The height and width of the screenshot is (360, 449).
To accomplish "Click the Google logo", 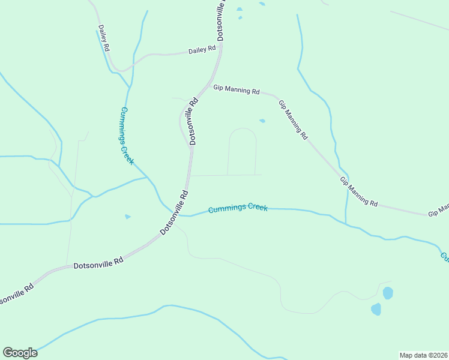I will point(20,353).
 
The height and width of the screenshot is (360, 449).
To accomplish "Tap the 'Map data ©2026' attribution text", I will point(423,355).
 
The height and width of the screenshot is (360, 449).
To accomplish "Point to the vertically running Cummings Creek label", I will point(127,136).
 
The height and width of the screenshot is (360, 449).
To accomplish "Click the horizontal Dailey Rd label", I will point(202,50).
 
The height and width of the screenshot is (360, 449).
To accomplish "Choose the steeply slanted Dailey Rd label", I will point(104,38).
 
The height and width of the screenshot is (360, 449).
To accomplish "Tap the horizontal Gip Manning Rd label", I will point(237,90).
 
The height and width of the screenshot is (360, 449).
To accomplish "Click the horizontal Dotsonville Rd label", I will point(98,262).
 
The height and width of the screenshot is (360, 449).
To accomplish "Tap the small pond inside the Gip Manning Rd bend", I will point(262,121).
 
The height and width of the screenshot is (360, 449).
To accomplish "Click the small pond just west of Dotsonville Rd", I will point(127,217).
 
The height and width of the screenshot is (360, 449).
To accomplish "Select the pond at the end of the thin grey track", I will point(388,293).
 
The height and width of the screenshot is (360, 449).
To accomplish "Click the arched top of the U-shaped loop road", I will point(243,128).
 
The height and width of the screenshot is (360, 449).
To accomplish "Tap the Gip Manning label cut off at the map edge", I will point(438,211).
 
